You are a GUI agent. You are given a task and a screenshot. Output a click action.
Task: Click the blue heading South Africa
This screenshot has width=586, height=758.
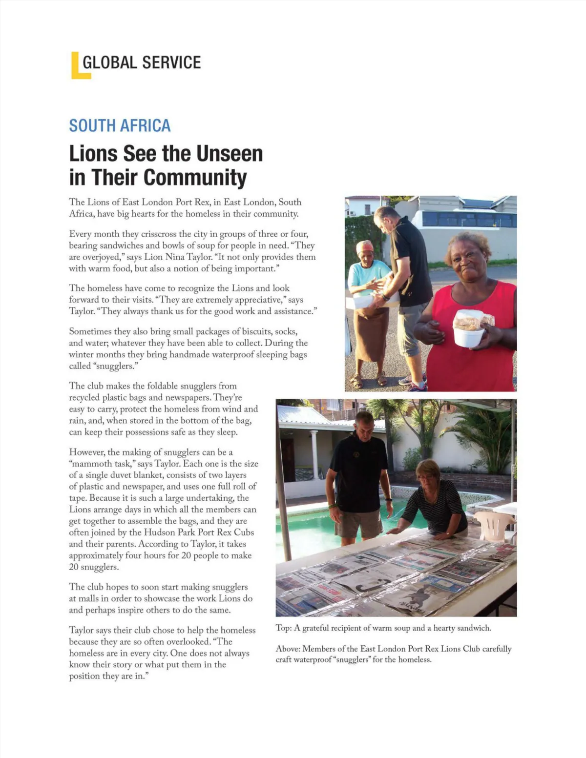[120, 125]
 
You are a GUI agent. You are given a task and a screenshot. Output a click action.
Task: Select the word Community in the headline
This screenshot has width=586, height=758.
[195, 177]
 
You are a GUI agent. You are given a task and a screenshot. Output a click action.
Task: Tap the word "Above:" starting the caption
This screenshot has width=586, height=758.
[288, 649]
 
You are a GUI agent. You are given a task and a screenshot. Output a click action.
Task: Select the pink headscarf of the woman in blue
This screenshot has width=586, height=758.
[364, 246]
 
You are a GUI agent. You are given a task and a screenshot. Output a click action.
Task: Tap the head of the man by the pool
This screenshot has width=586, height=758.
[364, 424]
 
